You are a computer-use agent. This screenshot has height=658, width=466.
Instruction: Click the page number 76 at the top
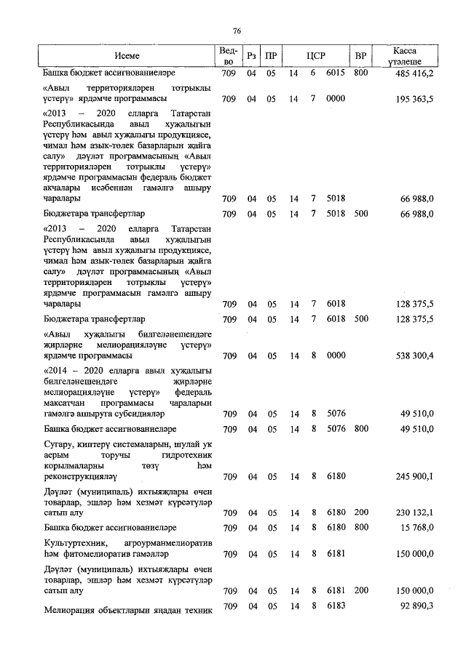(237, 31)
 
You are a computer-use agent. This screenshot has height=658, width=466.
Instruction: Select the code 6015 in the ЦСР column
(336, 73)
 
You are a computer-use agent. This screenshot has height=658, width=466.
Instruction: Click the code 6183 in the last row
(336, 606)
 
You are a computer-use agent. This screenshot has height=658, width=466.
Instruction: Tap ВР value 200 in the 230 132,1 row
(360, 513)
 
